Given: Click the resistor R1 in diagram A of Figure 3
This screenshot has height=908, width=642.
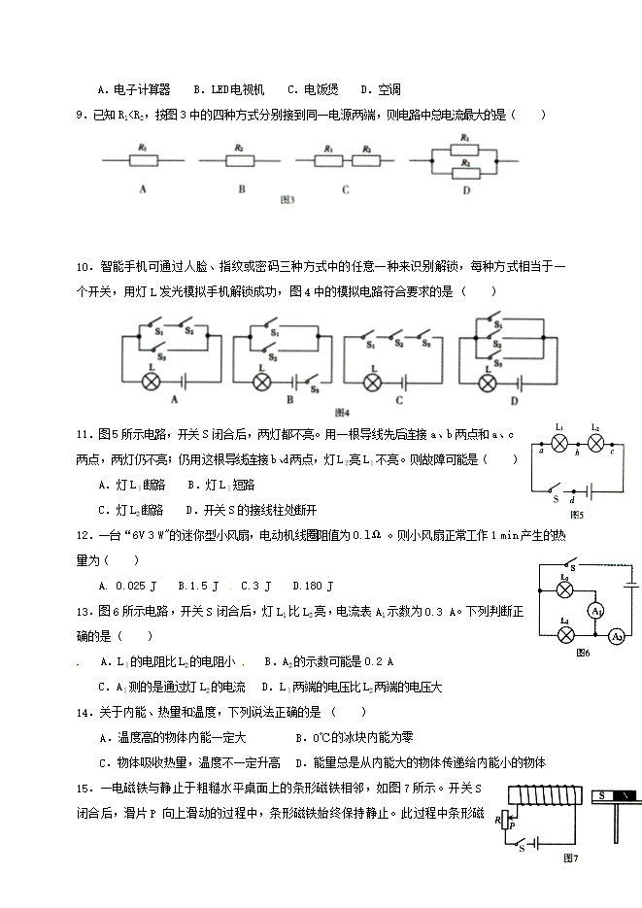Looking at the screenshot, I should click(143, 157).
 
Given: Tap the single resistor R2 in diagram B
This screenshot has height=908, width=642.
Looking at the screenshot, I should click(239, 157).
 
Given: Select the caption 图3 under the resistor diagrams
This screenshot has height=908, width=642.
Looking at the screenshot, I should click(287, 200).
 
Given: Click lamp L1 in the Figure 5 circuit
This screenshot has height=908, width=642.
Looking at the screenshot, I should click(559, 442).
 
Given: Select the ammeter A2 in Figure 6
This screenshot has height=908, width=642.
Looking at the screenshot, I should click(615, 636).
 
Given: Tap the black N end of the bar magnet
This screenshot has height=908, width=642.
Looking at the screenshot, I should click(627, 795).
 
